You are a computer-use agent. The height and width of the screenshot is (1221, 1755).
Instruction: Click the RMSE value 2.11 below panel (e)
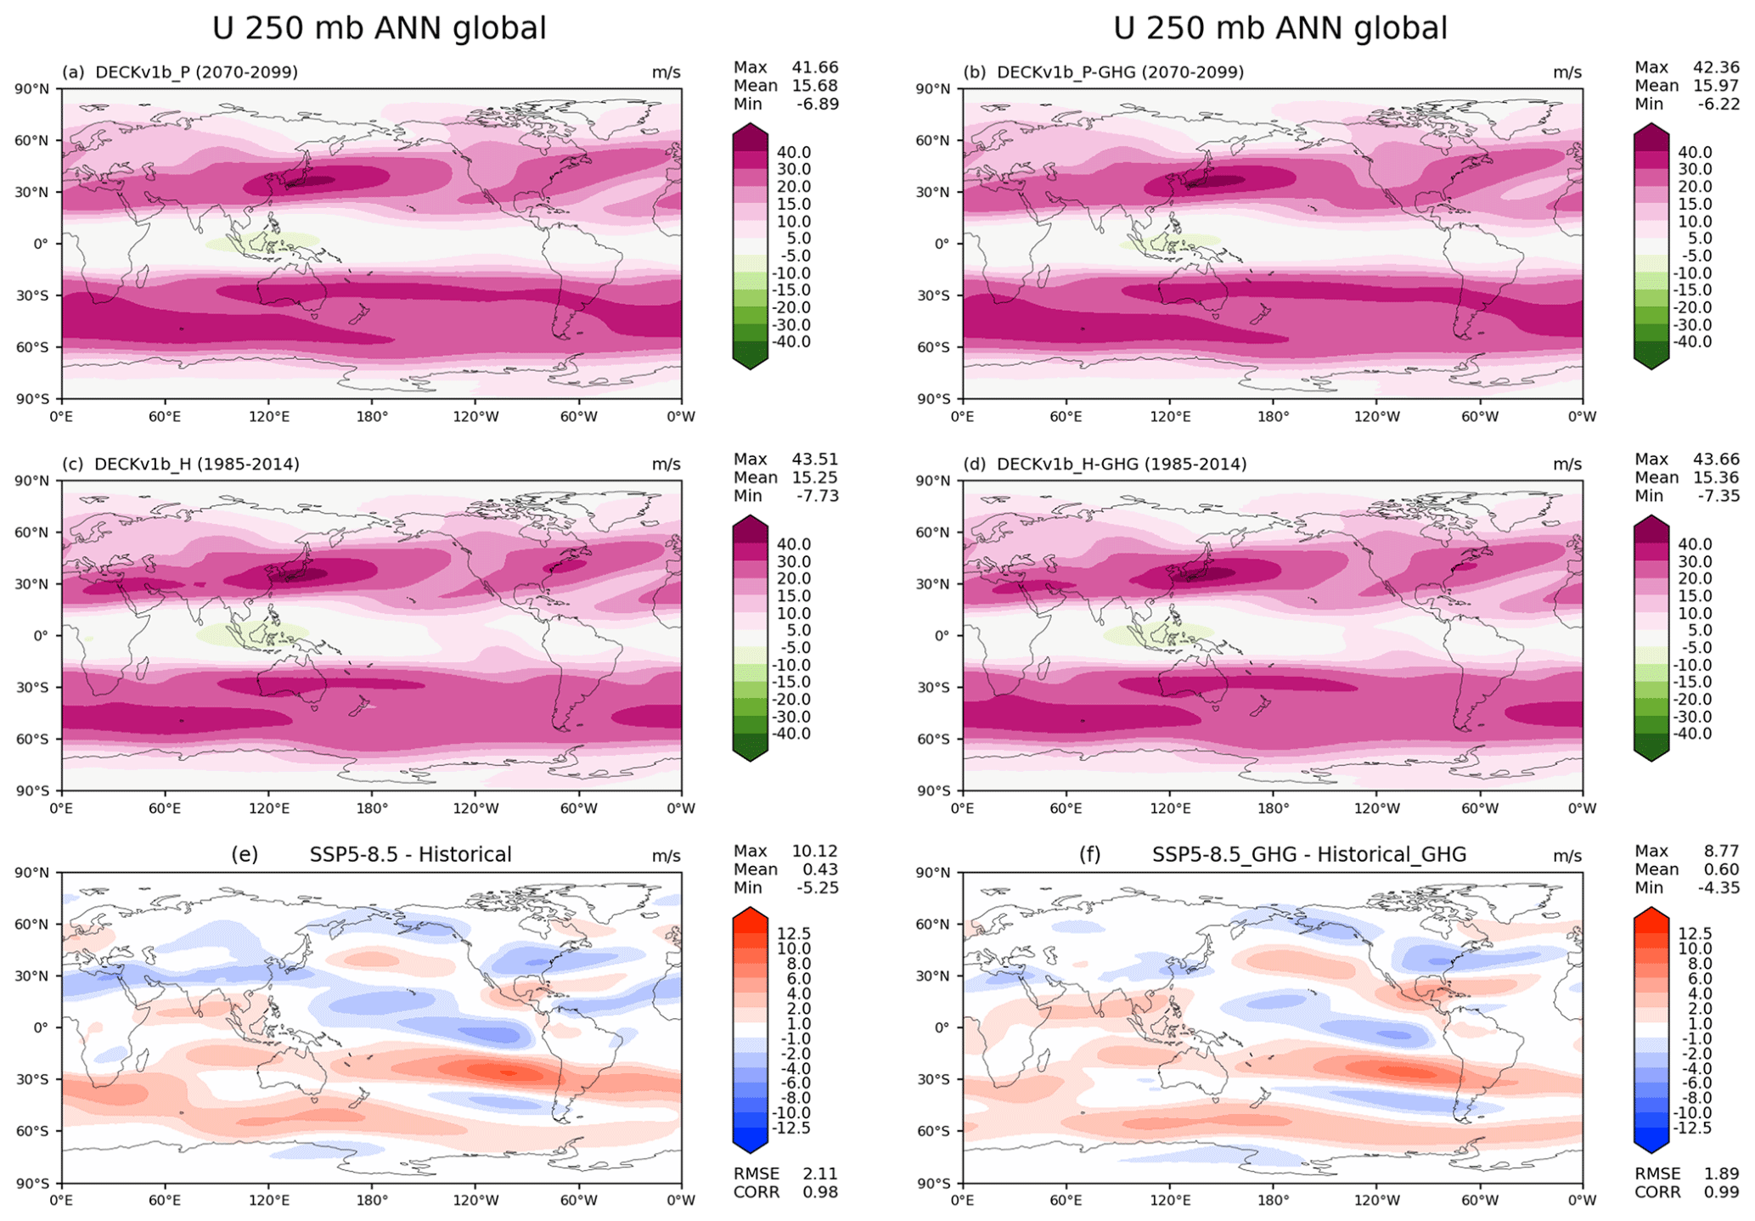[819, 1173]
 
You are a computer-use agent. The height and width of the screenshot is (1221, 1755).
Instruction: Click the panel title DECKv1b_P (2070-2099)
[196, 72]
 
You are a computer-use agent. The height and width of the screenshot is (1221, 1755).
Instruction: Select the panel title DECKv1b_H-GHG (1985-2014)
[1121, 464]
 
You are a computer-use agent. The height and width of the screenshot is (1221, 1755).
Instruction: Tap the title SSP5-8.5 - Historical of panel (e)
[410, 854]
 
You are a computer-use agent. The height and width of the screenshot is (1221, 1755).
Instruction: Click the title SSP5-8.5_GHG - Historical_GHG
[1308, 854]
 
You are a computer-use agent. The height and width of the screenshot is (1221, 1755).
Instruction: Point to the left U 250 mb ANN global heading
[379, 29]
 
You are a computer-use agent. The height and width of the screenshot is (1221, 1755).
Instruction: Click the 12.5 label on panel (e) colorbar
[793, 934]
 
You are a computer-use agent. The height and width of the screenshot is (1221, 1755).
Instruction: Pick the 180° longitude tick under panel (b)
[1273, 417]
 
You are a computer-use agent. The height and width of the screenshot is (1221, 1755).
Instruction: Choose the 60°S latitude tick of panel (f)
[932, 1131]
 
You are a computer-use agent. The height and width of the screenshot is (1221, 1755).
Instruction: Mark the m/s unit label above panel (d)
[1567, 464]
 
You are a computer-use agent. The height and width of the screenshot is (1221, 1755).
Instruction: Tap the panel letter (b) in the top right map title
[974, 72]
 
